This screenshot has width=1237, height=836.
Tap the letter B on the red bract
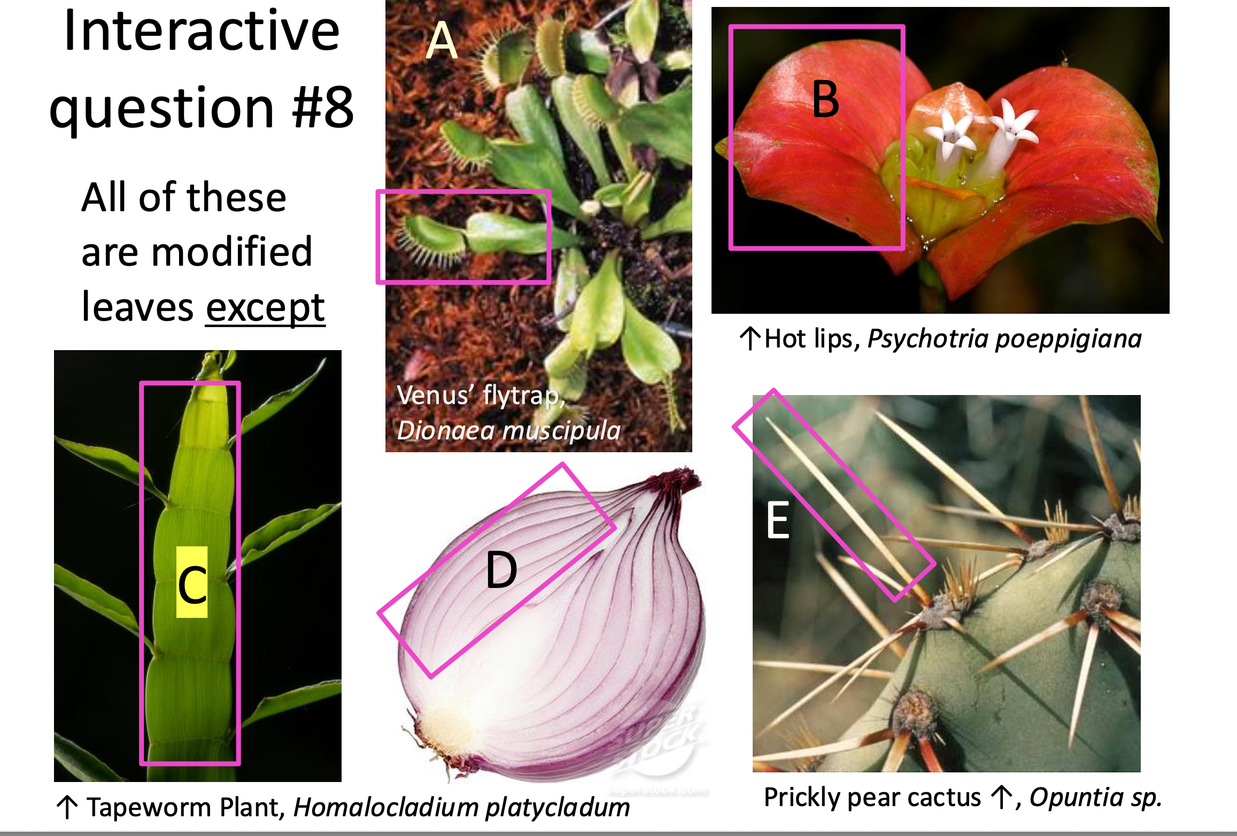(825, 99)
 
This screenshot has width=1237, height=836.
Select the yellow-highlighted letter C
(192, 584)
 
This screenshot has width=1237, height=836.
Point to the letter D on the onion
(501, 571)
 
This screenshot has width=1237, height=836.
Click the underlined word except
(265, 308)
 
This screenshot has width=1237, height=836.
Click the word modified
(231, 252)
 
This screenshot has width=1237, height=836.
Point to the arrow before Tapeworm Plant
(68, 807)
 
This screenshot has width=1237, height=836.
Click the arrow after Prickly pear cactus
(1001, 798)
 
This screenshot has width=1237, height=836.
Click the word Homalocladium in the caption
(388, 808)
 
